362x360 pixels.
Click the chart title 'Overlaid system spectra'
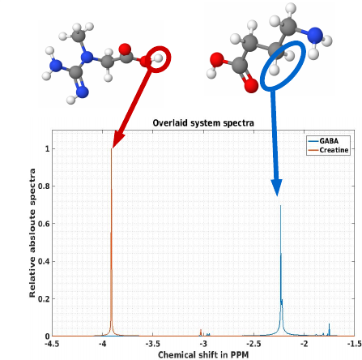[x=203, y=123]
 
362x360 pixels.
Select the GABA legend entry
[x=323, y=141]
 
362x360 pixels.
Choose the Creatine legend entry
[x=328, y=150]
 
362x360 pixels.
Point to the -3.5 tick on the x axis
[x=153, y=344]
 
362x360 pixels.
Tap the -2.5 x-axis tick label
[x=253, y=344]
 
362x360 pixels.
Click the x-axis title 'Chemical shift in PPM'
[x=203, y=354]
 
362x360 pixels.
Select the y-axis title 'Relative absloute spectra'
[x=32, y=233]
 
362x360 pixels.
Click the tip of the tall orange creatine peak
[x=112, y=148]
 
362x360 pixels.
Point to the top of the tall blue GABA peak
[x=280, y=206]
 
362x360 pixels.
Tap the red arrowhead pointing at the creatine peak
[x=118, y=139]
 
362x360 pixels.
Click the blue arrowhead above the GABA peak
[x=276, y=187]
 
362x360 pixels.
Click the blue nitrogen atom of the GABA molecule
[x=315, y=35]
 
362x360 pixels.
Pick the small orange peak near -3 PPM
[x=201, y=332]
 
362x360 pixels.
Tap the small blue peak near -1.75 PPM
[x=329, y=329]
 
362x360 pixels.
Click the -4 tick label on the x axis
[x=102, y=344]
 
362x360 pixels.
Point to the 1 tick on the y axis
[x=48, y=148]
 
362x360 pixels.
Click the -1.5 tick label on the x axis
[x=355, y=344]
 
